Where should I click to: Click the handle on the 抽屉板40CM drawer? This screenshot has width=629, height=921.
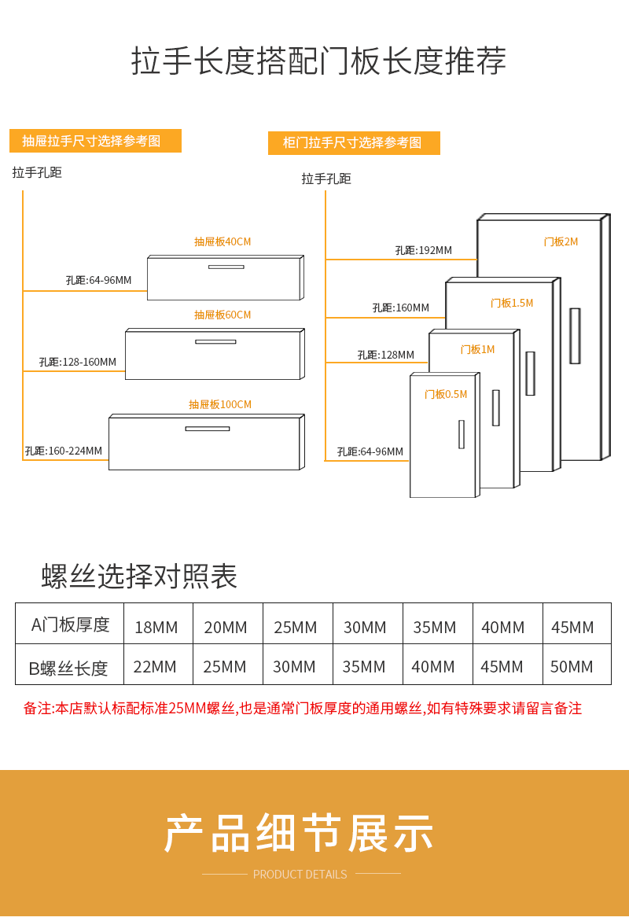pos(226,267)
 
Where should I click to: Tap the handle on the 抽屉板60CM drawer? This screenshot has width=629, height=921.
pos(215,341)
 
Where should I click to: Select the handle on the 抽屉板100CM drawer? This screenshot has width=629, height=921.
pos(208,429)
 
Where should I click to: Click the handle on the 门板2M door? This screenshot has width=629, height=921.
pos(575,336)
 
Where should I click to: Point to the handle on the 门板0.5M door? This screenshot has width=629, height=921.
pos(462,434)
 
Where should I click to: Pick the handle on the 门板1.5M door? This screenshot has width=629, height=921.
pos(530,373)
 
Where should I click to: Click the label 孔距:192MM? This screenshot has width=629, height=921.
pos(423,250)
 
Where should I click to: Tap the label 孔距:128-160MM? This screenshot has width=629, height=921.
pos(77,362)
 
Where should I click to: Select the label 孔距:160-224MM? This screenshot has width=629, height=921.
pos(63,451)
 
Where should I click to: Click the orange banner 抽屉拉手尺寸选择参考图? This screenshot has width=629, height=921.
pos(95,141)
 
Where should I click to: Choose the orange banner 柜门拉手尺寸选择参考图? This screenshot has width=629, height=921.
pos(354,142)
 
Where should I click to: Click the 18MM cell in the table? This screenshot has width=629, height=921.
pos(156,627)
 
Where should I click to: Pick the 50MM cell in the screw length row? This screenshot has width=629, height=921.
pos(572,666)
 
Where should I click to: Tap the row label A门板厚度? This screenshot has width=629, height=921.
pos(70,624)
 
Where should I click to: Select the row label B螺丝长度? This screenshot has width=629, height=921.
pos(68,669)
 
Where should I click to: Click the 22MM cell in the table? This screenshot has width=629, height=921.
pos(155,666)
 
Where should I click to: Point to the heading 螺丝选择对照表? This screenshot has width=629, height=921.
pos(139,577)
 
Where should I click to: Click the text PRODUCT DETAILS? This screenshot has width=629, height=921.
pos(300,874)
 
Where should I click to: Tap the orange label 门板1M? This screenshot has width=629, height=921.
pos(477,349)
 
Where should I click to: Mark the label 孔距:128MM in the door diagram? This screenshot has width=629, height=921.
pos(385,355)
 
